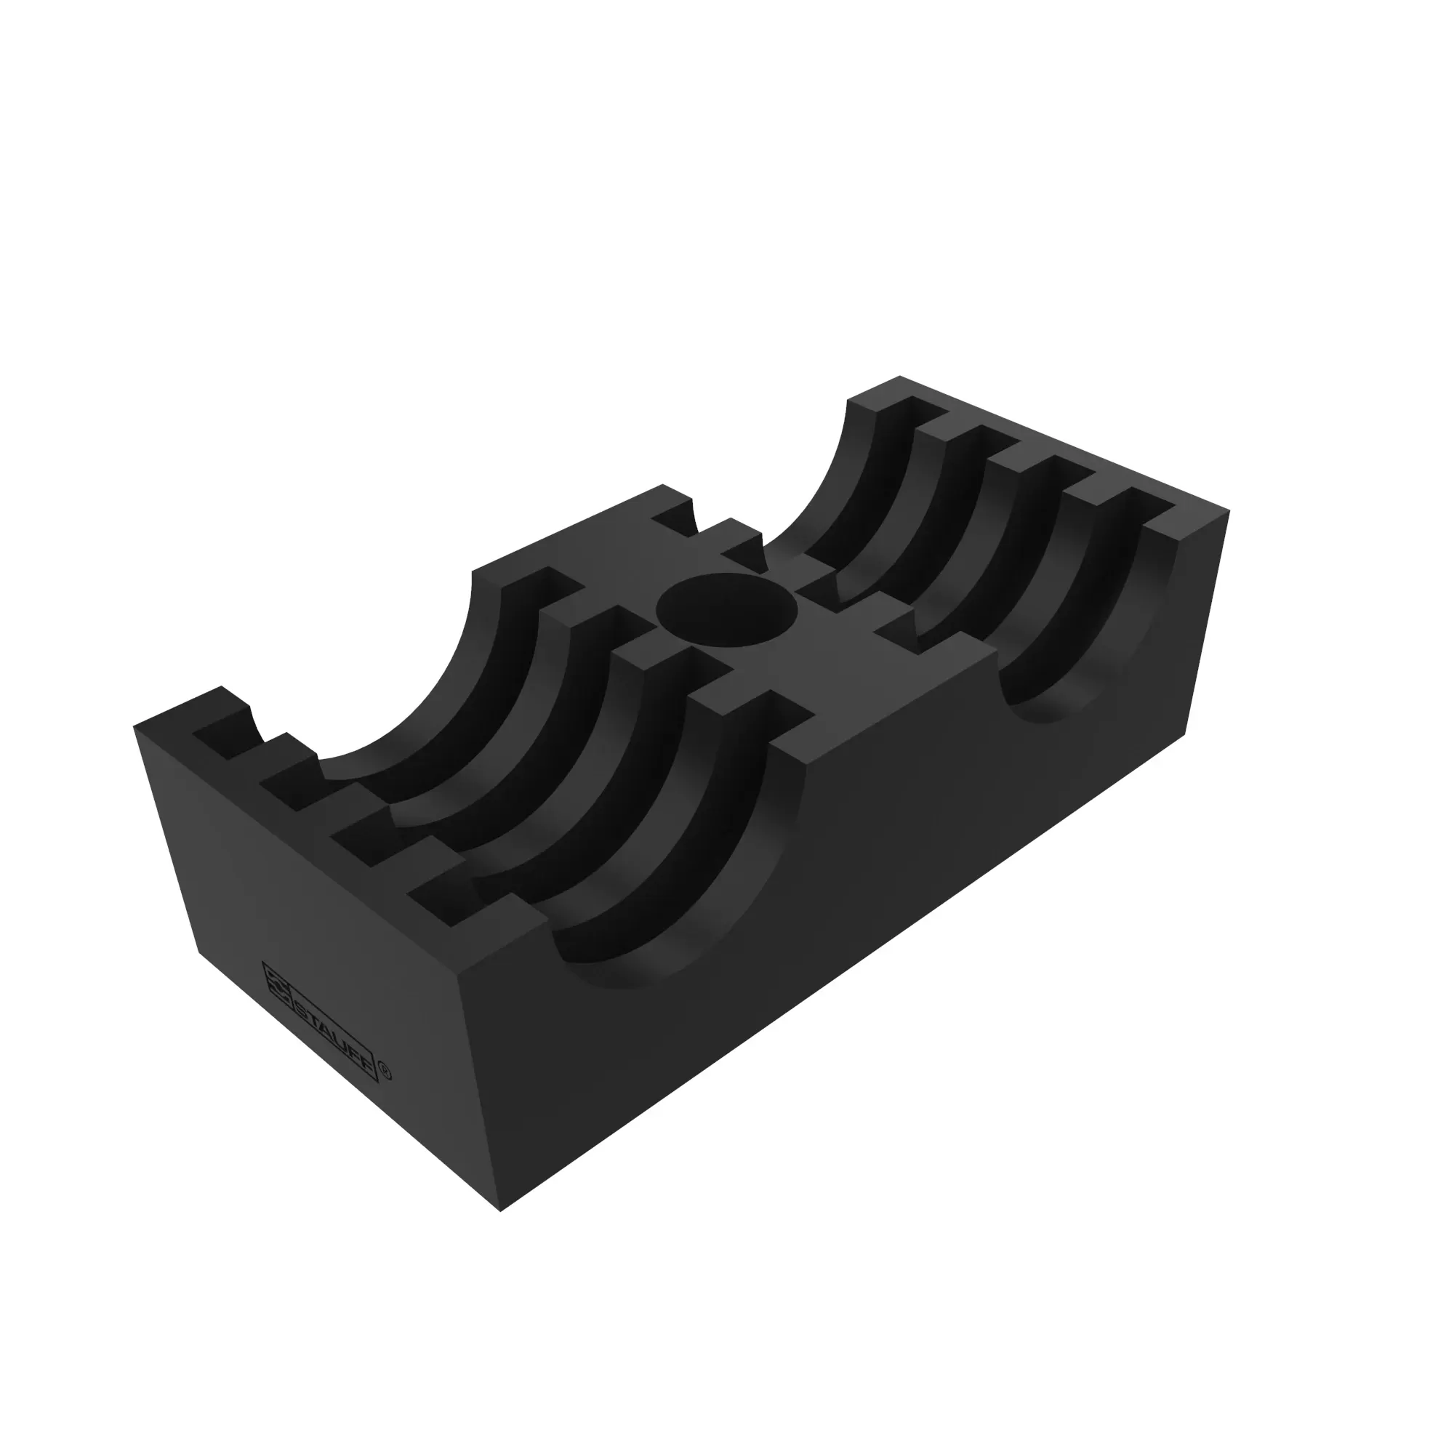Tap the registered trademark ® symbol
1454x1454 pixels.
tap(386, 1072)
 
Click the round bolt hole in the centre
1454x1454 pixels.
tap(727, 611)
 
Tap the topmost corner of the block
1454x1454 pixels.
tap(900, 376)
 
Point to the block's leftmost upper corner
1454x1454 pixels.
tap(134, 726)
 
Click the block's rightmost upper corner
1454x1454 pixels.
tap(1229, 511)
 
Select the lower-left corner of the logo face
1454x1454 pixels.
tap(199, 953)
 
